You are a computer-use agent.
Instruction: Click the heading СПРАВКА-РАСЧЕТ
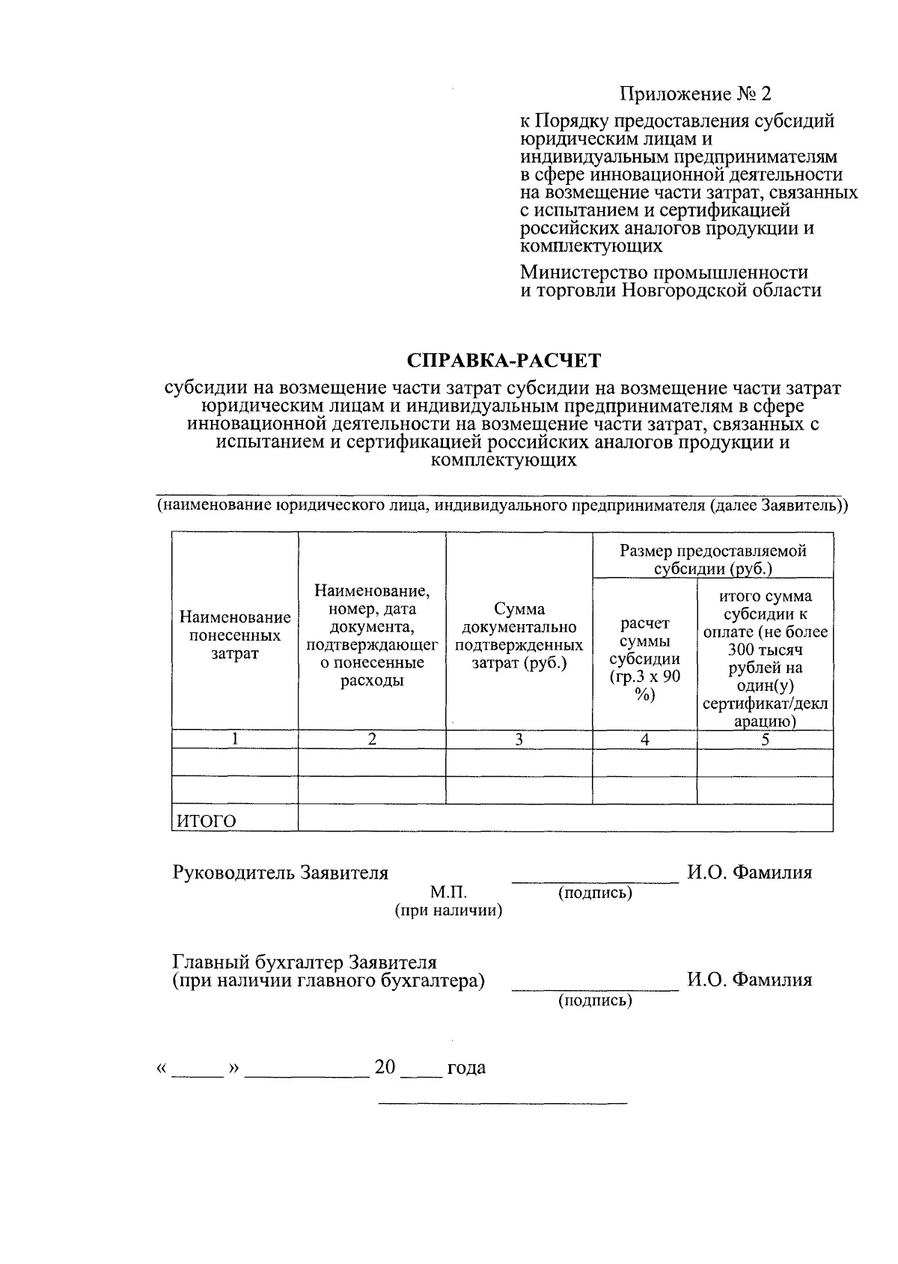tap(504, 361)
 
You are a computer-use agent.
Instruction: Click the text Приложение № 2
tap(694, 94)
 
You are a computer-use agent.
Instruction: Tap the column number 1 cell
tap(235, 739)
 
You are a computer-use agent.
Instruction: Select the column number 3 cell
tap(519, 739)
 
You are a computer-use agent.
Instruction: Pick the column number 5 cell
tap(765, 739)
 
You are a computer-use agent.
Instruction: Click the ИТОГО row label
tap(206, 821)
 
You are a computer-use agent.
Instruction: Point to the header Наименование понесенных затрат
tap(235, 635)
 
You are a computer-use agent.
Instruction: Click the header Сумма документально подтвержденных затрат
tap(519, 635)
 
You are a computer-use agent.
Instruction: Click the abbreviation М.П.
tap(448, 892)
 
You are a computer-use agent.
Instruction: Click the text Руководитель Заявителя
tap(281, 873)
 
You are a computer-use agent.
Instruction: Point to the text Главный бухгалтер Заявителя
tap(305, 962)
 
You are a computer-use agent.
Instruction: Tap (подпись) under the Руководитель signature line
tap(595, 893)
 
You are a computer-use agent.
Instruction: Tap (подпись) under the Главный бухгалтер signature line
tap(595, 1001)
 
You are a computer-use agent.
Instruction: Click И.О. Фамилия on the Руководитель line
tap(749, 873)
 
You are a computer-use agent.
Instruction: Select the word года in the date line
tap(466, 1068)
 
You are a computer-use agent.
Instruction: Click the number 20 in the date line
tap(385, 1067)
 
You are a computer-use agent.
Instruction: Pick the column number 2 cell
tap(372, 739)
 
